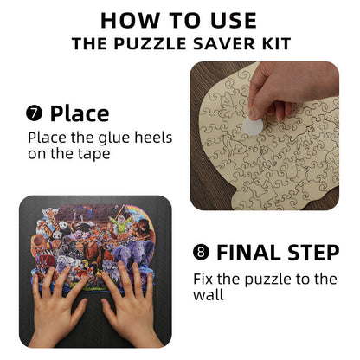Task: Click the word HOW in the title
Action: point(127,20)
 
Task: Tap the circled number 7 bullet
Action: point(35,113)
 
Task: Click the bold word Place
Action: point(80,113)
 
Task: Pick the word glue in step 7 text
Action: point(108,138)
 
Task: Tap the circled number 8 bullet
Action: point(202,254)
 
